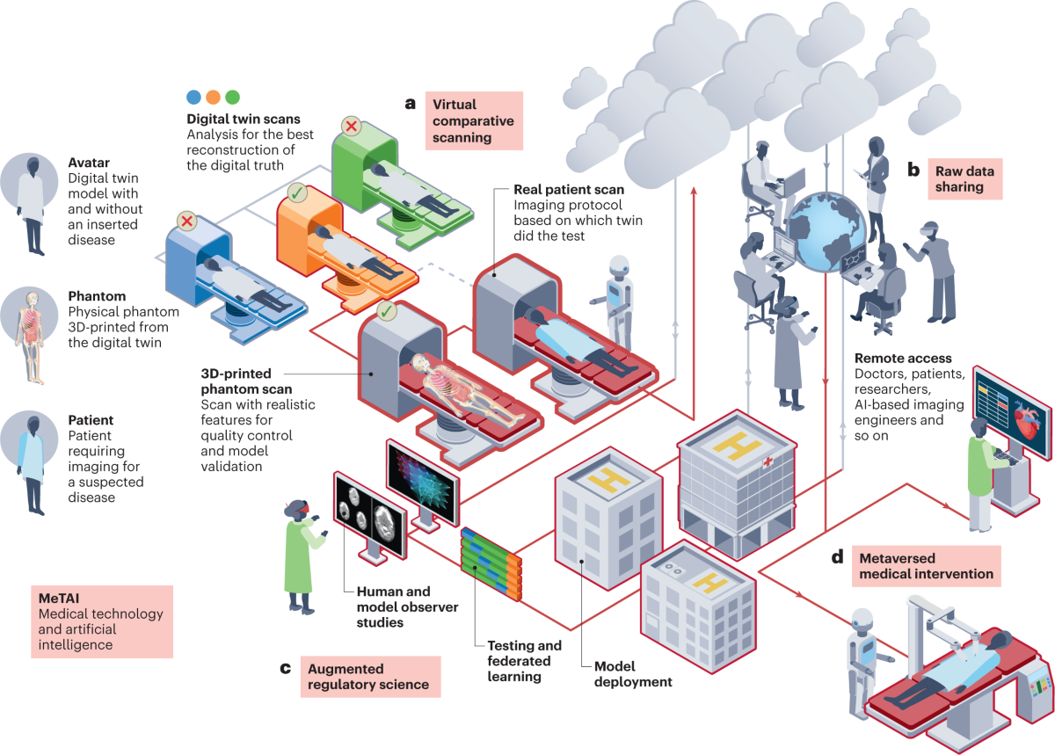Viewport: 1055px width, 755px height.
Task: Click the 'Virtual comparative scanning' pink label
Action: tap(474, 120)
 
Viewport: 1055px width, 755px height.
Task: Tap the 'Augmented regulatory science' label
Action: tap(370, 676)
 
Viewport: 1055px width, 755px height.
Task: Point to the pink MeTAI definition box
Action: tap(101, 621)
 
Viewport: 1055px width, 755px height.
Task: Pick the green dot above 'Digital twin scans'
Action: tap(232, 97)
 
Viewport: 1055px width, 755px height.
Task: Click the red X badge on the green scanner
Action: tap(351, 127)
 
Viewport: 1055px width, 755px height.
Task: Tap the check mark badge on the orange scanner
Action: tap(296, 191)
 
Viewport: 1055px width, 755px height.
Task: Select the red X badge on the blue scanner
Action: tap(186, 220)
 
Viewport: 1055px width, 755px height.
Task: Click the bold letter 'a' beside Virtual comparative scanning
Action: tap(410, 104)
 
